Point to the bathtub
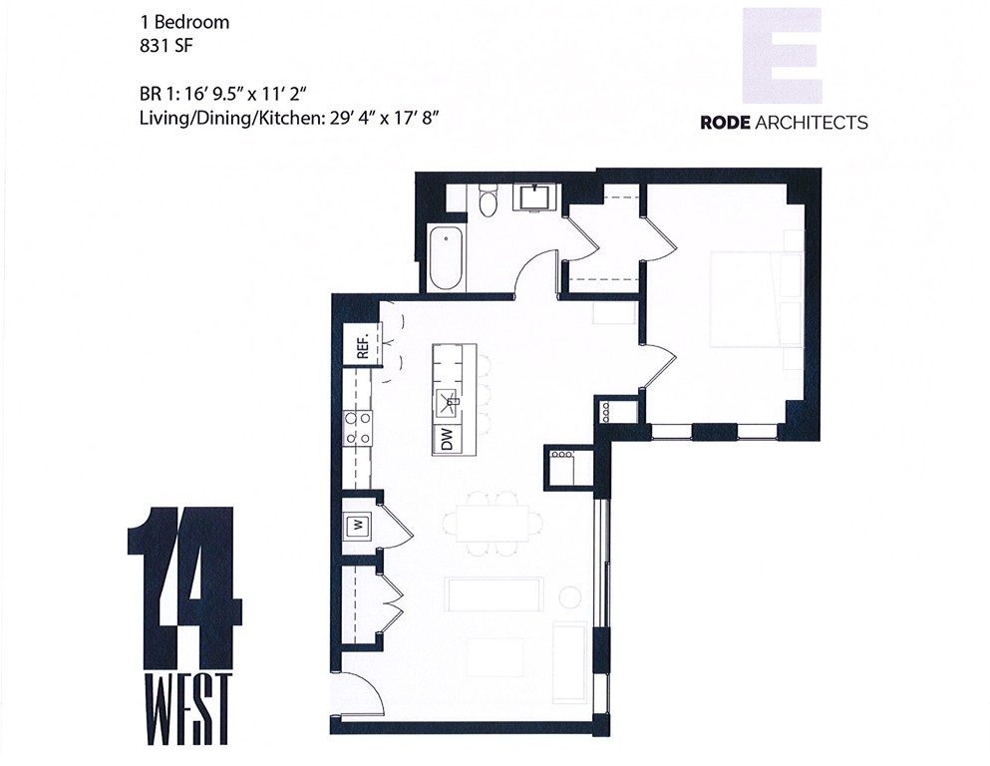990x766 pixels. (x=447, y=257)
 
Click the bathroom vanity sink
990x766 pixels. (x=536, y=197)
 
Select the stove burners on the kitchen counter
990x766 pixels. (x=358, y=427)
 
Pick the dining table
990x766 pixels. (x=494, y=523)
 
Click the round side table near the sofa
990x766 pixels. (x=570, y=597)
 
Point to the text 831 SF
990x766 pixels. (x=165, y=44)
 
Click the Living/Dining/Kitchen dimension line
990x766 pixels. (x=289, y=119)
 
